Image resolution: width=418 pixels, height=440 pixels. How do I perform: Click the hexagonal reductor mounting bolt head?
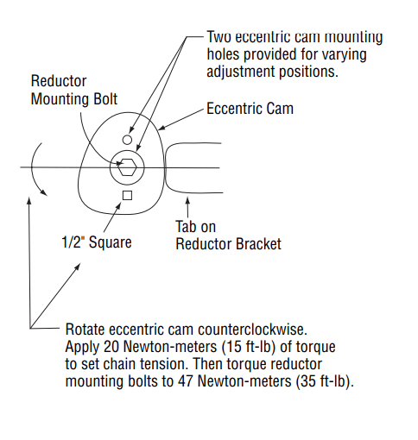click(127, 167)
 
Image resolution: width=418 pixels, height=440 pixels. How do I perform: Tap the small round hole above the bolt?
click(127, 140)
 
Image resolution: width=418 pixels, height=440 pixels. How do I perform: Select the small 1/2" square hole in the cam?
click(127, 196)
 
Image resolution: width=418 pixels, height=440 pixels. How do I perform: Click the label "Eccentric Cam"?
click(250, 109)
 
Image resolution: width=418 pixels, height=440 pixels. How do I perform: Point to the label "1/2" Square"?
click(97, 242)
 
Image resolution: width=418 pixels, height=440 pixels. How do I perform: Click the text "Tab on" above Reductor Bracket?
click(196, 227)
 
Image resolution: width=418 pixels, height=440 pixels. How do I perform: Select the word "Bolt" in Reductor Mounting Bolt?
click(105, 99)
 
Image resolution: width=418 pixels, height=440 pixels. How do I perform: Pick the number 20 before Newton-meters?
click(111, 347)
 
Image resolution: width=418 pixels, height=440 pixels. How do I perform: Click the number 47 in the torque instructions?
click(185, 381)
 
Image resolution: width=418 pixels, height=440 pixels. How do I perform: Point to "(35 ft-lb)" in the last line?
click(325, 382)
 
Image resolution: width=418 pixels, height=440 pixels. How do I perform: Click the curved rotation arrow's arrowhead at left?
click(44, 192)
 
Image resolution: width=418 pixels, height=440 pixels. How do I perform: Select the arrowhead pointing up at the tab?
click(187, 200)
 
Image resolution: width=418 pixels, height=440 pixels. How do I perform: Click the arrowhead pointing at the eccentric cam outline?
click(161, 128)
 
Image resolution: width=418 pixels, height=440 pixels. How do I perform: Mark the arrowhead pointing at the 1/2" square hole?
click(118, 206)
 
